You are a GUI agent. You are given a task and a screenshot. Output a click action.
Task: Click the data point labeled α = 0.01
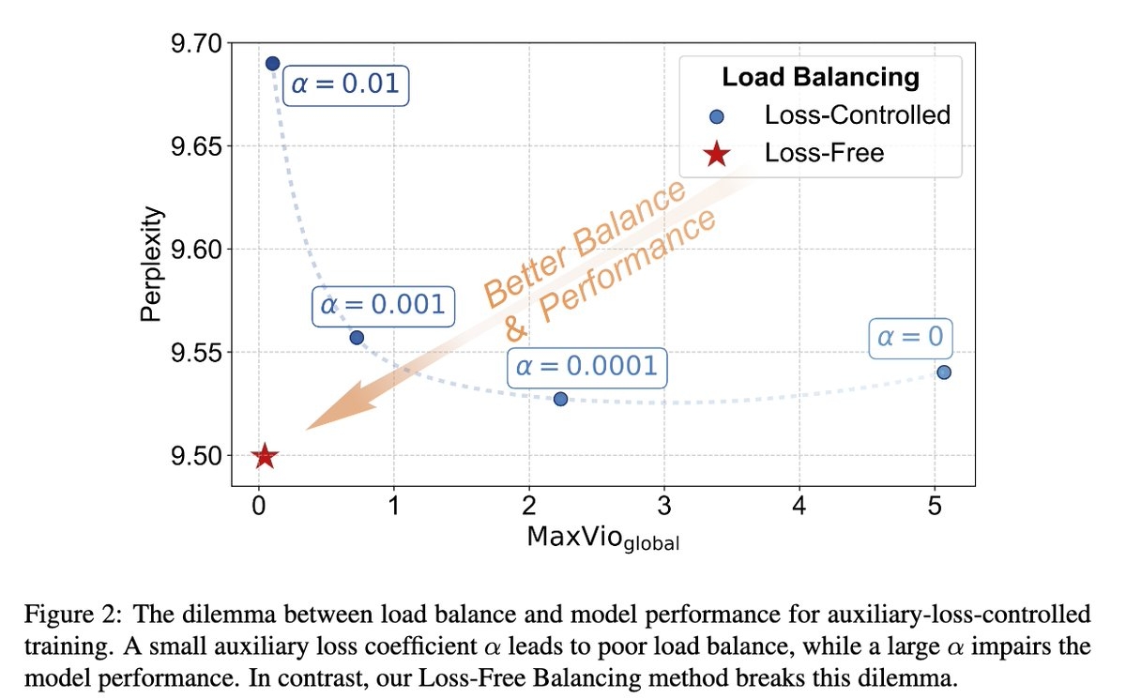coord(272,64)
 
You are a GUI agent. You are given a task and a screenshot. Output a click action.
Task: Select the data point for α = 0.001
coord(357,338)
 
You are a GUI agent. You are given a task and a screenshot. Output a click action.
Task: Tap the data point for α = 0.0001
coord(560,399)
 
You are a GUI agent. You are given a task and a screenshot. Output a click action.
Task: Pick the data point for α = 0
coord(944,372)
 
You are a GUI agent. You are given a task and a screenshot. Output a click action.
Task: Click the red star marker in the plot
coord(265,457)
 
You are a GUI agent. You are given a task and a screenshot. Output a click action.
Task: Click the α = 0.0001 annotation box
coord(586,366)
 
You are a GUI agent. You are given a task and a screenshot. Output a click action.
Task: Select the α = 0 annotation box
coord(909,336)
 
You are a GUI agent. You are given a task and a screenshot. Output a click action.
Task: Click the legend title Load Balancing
coord(820,77)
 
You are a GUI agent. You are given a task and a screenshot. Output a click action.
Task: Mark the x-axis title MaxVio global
coord(603,539)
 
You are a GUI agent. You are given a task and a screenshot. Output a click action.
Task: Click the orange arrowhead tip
coord(309,428)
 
